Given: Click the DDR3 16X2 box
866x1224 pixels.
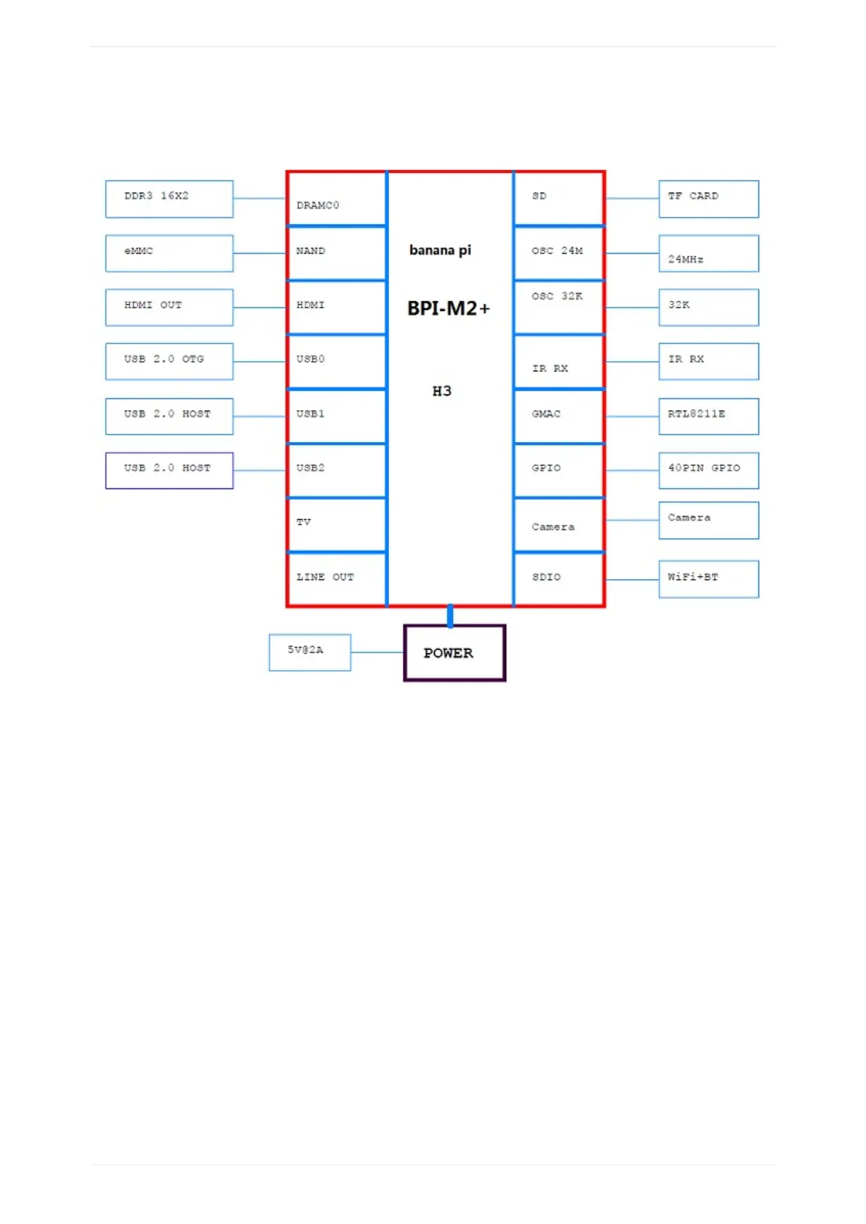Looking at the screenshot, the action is [169, 198].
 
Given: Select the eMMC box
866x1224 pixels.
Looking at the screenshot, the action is [169, 253].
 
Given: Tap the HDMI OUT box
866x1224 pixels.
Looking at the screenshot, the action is [169, 307].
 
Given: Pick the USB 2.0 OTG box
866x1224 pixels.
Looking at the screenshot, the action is [169, 361].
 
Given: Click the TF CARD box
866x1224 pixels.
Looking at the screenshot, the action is [708, 198].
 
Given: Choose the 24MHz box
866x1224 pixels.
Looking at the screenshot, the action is [708, 253].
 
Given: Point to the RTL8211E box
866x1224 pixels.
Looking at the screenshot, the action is [708, 416].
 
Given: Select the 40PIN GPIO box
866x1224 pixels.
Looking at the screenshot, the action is [708, 470].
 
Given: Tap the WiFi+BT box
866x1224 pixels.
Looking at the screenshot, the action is [708, 579].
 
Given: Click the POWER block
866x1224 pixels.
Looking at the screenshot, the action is [454, 653].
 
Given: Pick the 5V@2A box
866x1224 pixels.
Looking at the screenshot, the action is [310, 652].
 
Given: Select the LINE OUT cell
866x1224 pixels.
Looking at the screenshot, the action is [337, 579].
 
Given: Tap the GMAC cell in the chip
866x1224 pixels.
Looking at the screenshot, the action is [558, 416].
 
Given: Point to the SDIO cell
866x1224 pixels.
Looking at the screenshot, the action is [558, 579].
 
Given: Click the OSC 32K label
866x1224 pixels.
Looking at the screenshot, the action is [557, 297].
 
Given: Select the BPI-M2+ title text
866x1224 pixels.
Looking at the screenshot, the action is [448, 308].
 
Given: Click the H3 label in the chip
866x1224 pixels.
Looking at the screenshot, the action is [441, 391].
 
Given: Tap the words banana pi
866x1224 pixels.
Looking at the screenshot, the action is [440, 250].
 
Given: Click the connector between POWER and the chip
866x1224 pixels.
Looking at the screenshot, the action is [450, 616].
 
